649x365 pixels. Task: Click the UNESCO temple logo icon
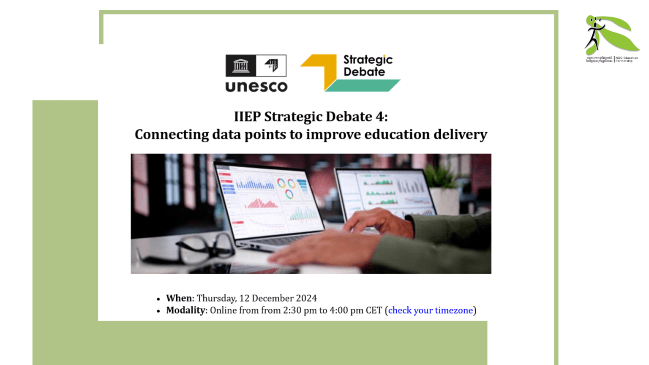pos(240,65)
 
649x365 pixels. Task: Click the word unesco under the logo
pos(256,87)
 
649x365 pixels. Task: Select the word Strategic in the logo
pos(368,60)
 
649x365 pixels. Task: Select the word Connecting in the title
pos(172,134)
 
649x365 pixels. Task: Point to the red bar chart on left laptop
pos(261,203)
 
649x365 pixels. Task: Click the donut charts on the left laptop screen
pos(286,187)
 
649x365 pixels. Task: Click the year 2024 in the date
pos(306,298)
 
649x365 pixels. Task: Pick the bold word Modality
pos(185,311)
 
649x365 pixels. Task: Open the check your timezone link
pos(430,311)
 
